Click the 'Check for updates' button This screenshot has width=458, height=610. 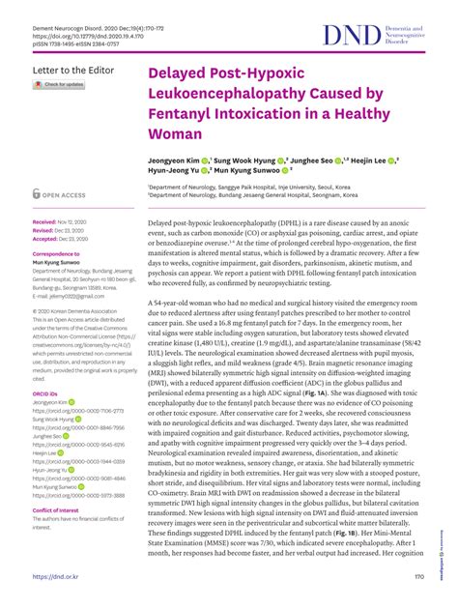(x=59, y=84)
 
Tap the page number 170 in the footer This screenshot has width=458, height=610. (x=418, y=577)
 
